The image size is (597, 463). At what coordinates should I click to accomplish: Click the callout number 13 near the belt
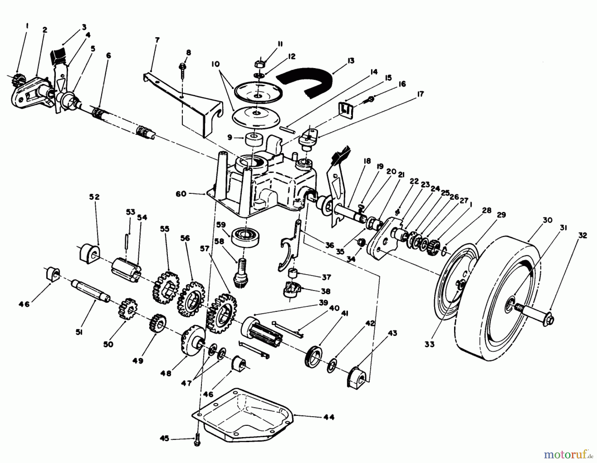pos(351,60)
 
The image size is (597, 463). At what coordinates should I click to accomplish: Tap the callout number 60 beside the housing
pos(181,193)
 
